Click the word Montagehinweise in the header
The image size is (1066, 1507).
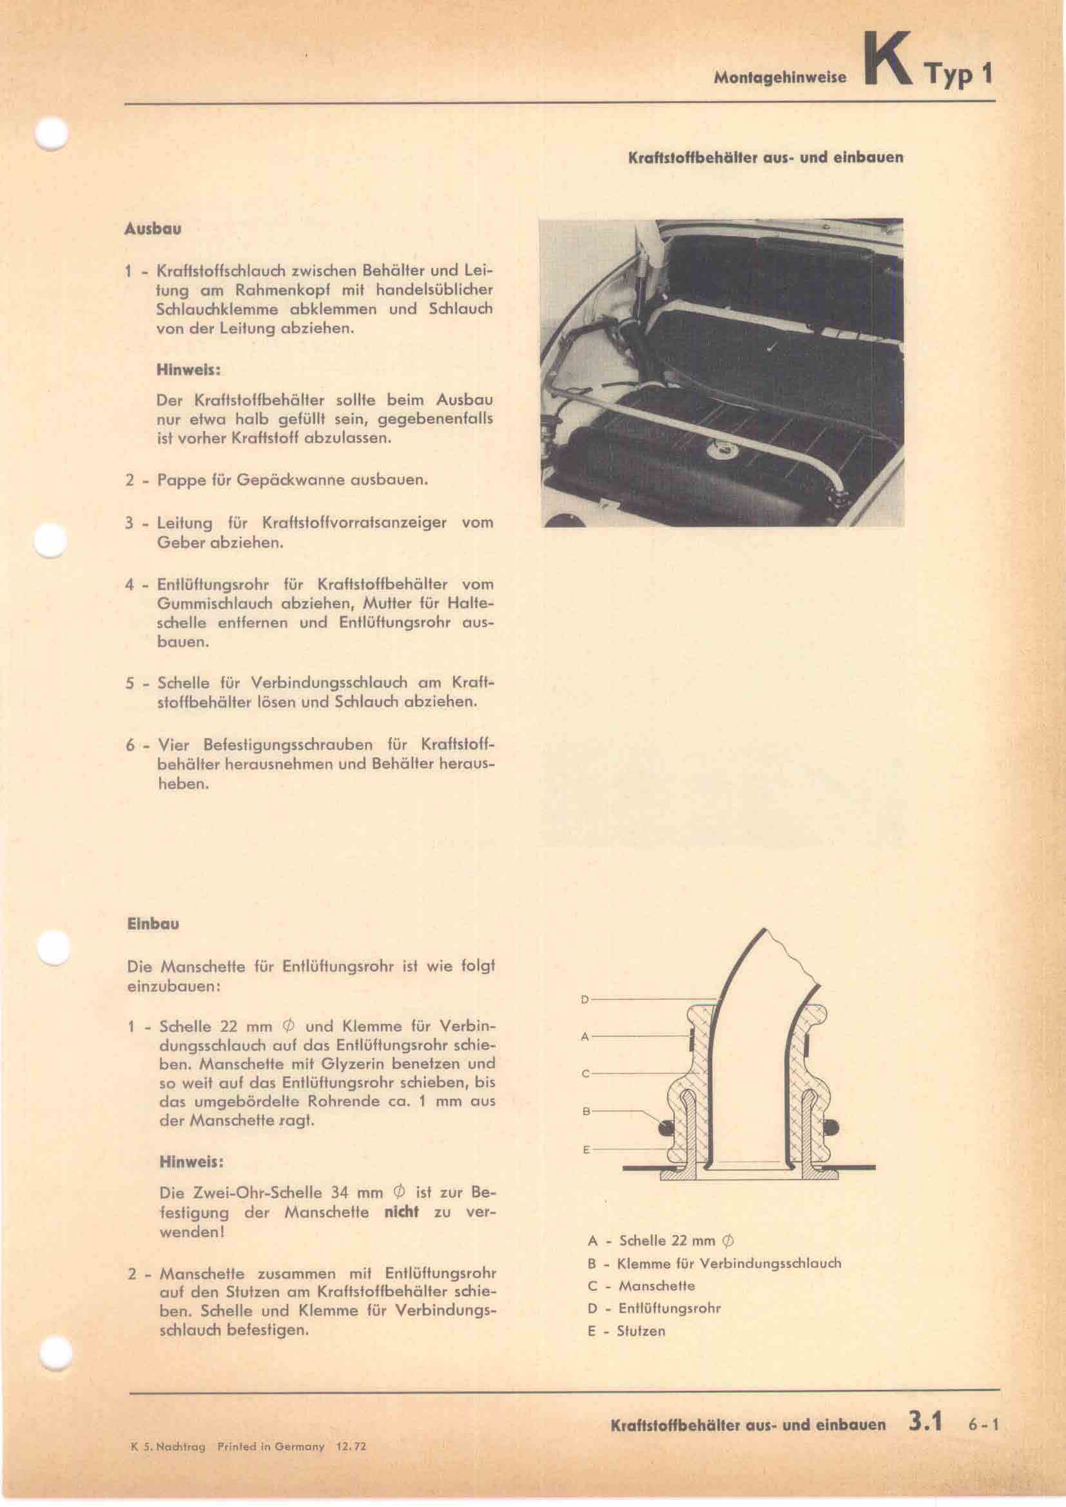click(x=780, y=77)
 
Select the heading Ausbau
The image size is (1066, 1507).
click(x=152, y=230)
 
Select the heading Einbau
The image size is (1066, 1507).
click(x=152, y=923)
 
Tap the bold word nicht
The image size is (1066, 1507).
click(x=401, y=1212)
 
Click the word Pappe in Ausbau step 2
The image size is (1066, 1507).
click(x=177, y=480)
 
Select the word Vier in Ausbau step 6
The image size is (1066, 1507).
click(x=173, y=745)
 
